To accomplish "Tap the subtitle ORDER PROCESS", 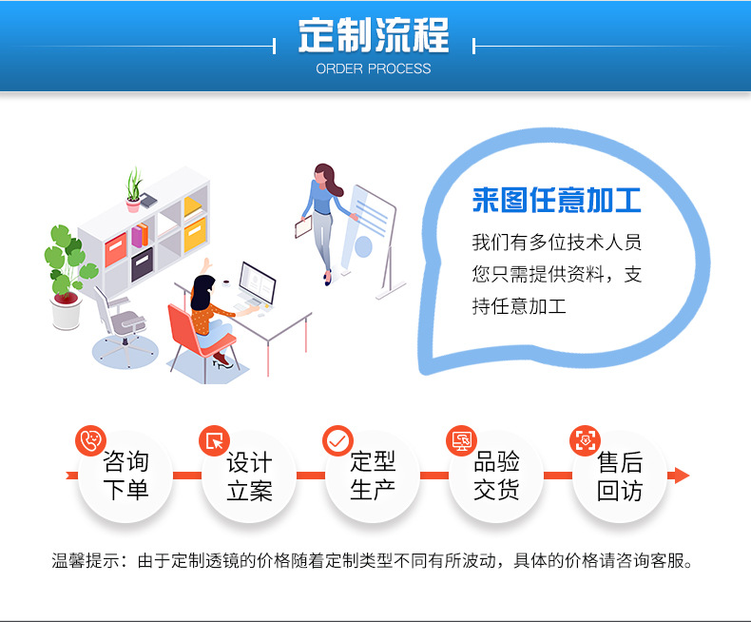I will coord(374,68).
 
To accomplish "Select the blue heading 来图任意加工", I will coord(556,202).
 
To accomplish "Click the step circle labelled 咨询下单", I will coord(125,476).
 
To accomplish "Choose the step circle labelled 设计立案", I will coord(249,476).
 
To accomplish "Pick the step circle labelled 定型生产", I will coord(373,476).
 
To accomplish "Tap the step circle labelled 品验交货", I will coord(496,476).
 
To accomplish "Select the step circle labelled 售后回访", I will coord(620,476).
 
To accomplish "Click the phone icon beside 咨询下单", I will coord(90,440).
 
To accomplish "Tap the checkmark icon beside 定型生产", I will coord(337,440).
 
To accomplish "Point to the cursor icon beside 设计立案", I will coord(214,440).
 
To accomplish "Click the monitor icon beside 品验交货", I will coord(461,440).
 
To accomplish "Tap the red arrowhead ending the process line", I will coord(680,475).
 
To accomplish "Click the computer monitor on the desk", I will coord(256,283).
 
